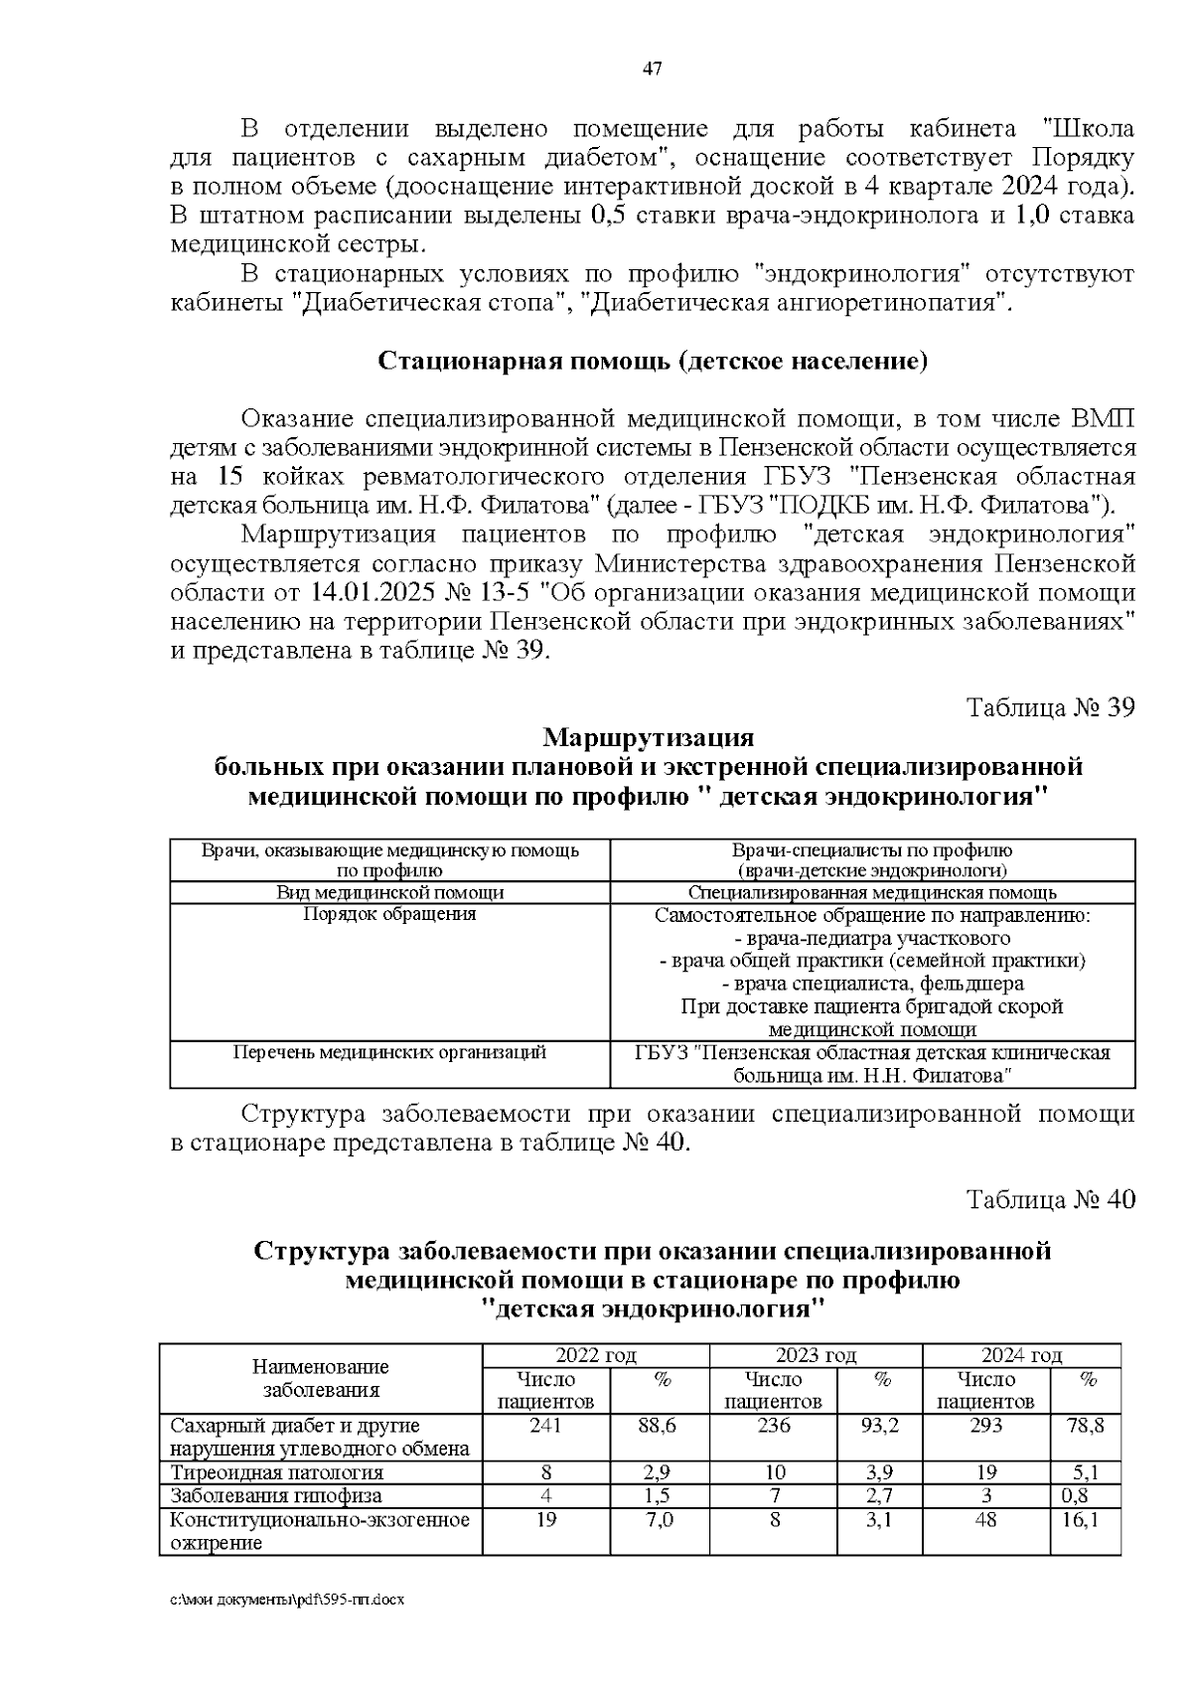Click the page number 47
(653, 69)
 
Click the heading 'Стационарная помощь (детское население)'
(653, 361)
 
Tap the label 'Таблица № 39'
(1051, 708)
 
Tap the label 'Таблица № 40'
(1051, 1199)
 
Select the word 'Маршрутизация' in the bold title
(649, 738)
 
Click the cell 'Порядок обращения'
(389, 914)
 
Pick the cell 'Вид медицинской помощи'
(389, 892)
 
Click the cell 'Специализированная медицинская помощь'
(871, 892)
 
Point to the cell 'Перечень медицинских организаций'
(389, 1052)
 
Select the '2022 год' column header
(596, 1355)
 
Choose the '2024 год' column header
(1021, 1355)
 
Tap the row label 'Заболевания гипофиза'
(276, 1495)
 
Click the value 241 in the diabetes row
(546, 1426)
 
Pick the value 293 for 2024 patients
(986, 1426)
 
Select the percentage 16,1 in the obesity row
(1086, 1519)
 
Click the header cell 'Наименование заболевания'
(321, 1379)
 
